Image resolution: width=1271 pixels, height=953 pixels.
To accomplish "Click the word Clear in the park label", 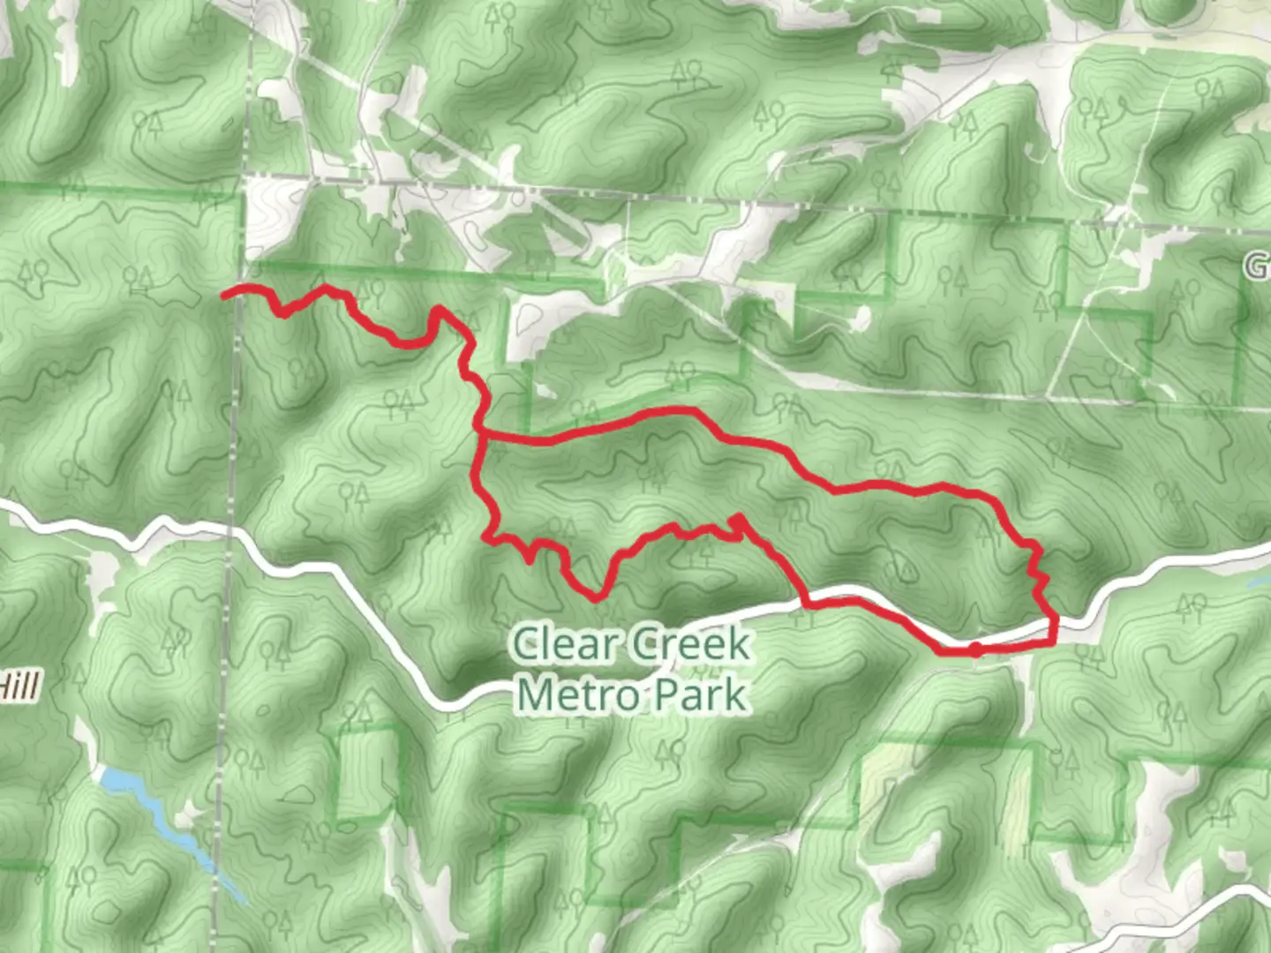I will pyautogui.click(x=564, y=643).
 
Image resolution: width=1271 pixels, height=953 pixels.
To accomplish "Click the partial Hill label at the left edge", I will pyautogui.click(x=19, y=686).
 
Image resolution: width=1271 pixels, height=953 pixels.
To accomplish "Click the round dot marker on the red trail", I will pyautogui.click(x=974, y=650).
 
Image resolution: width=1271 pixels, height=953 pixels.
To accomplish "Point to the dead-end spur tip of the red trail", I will pyautogui.click(x=735, y=517).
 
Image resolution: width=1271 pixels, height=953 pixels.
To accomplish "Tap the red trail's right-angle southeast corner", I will pyautogui.click(x=1054, y=642).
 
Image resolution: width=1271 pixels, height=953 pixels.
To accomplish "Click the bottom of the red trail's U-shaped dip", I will pyautogui.click(x=598, y=597).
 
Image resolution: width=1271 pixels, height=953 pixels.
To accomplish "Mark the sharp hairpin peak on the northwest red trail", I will pyautogui.click(x=436, y=310).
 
